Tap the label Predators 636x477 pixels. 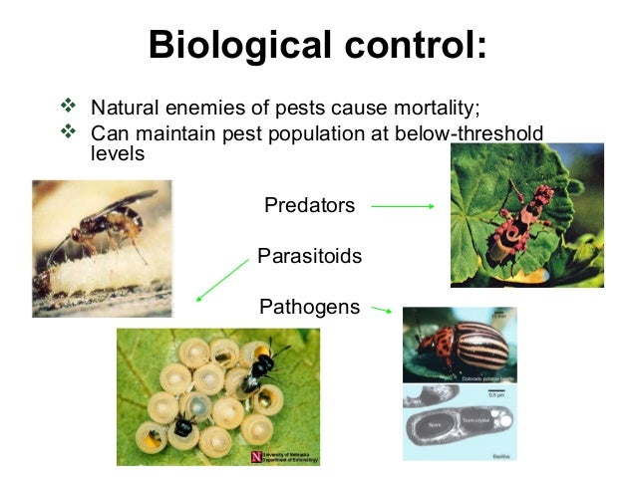[309, 206]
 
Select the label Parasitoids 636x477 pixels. [309, 257]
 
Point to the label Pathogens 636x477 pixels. [309, 307]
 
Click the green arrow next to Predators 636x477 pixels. [403, 207]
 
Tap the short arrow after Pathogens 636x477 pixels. [381, 310]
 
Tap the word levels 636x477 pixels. [118, 155]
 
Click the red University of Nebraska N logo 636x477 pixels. [259, 457]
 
